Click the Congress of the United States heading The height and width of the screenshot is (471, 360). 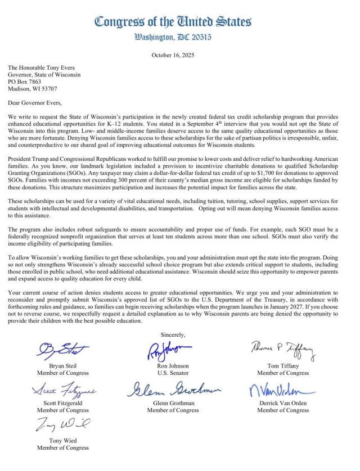click(x=173, y=22)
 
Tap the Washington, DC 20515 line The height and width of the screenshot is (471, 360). click(x=173, y=38)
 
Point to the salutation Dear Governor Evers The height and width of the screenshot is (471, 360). click(x=35, y=102)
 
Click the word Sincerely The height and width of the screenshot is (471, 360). click(x=173, y=335)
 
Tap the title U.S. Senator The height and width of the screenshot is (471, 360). click(x=173, y=373)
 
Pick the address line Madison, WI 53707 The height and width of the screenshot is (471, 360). click(x=32, y=89)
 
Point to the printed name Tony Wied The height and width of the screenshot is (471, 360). click(x=63, y=441)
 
